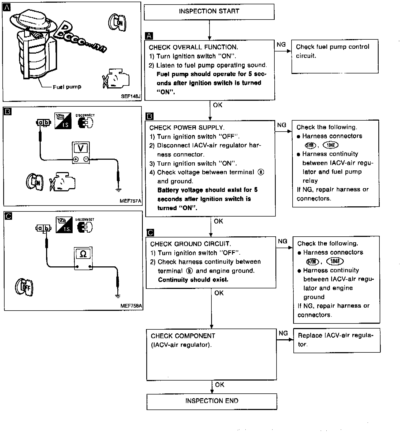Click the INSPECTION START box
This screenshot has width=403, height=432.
[209, 12]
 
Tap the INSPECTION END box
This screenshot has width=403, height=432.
[212, 401]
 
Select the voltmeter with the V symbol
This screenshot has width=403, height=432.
[81, 152]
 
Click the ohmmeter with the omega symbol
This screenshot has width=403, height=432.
[83, 259]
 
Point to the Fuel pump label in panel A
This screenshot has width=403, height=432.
[67, 87]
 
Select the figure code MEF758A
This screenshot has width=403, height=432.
[131, 306]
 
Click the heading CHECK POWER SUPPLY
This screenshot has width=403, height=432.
[187, 128]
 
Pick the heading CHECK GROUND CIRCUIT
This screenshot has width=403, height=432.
[191, 244]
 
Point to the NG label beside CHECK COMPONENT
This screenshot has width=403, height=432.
[283, 333]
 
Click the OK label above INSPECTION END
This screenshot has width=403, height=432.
[219, 385]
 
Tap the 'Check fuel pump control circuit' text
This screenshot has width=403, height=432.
[333, 51]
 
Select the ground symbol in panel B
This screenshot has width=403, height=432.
[118, 190]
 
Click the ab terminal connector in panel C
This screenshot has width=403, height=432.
[43, 228]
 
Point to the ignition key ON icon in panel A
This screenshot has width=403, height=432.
[117, 23]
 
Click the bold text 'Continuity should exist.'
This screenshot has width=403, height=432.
[193, 280]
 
